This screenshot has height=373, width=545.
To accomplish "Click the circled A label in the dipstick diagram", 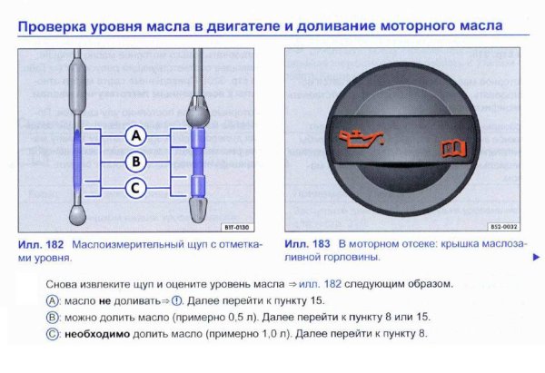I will point(135,136).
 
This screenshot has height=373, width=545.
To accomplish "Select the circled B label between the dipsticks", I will point(135,162).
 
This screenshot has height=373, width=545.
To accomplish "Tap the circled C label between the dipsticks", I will point(135,189).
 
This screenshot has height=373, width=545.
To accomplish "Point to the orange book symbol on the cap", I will point(448,145).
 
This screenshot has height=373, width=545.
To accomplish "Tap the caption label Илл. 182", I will point(38,245).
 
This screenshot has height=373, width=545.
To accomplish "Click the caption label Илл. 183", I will point(305,245).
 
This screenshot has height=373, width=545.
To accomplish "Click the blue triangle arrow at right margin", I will point(536,258).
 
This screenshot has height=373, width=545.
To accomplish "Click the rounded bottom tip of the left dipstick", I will point(77,216).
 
